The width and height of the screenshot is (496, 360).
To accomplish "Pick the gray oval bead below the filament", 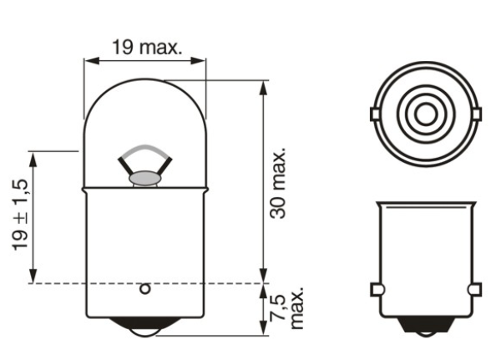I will click(145, 177).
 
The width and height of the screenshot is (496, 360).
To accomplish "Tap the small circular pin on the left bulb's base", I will click(144, 289).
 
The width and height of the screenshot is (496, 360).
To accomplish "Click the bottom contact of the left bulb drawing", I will click(145, 328).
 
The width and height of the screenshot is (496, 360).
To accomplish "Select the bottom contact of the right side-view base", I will click(426, 327).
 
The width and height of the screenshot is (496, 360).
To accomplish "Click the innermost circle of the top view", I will click(426, 112).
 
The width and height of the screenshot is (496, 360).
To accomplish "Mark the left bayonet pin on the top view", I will click(374, 113).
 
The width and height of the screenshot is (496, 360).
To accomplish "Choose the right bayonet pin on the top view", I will click(478, 113).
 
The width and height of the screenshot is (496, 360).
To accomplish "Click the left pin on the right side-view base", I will click(375, 289).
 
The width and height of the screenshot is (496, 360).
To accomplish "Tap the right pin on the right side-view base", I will click(476, 289).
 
